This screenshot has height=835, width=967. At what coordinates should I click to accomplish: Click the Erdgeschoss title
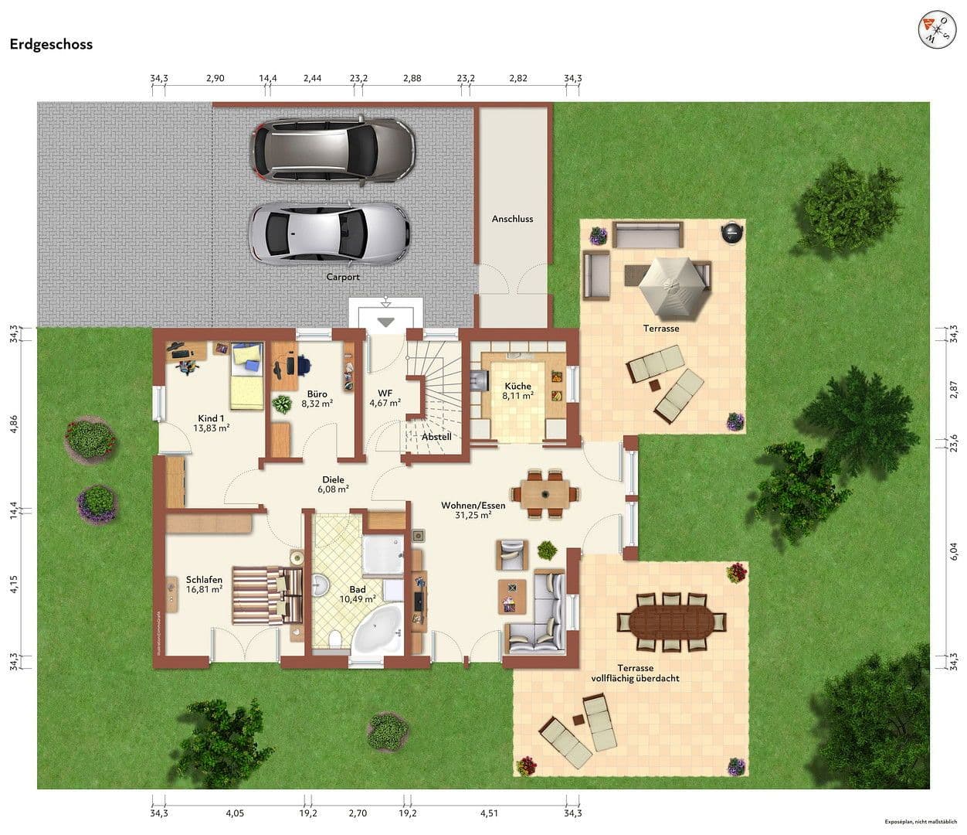point(51,44)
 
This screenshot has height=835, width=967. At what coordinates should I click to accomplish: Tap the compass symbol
point(936,29)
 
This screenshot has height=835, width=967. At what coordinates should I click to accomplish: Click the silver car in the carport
point(330,232)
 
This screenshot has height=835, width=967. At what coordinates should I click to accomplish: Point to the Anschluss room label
point(512,219)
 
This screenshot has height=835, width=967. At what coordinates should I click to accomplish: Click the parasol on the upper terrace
point(675,287)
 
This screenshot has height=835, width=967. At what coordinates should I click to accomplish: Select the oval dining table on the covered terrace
point(671,622)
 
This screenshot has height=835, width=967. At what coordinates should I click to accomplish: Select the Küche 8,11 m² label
point(517,390)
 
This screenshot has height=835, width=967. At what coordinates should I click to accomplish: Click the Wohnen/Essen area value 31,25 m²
point(473,516)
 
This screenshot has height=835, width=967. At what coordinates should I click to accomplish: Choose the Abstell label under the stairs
point(436,437)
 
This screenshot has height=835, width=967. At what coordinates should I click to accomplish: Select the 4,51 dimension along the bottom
point(489,813)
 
